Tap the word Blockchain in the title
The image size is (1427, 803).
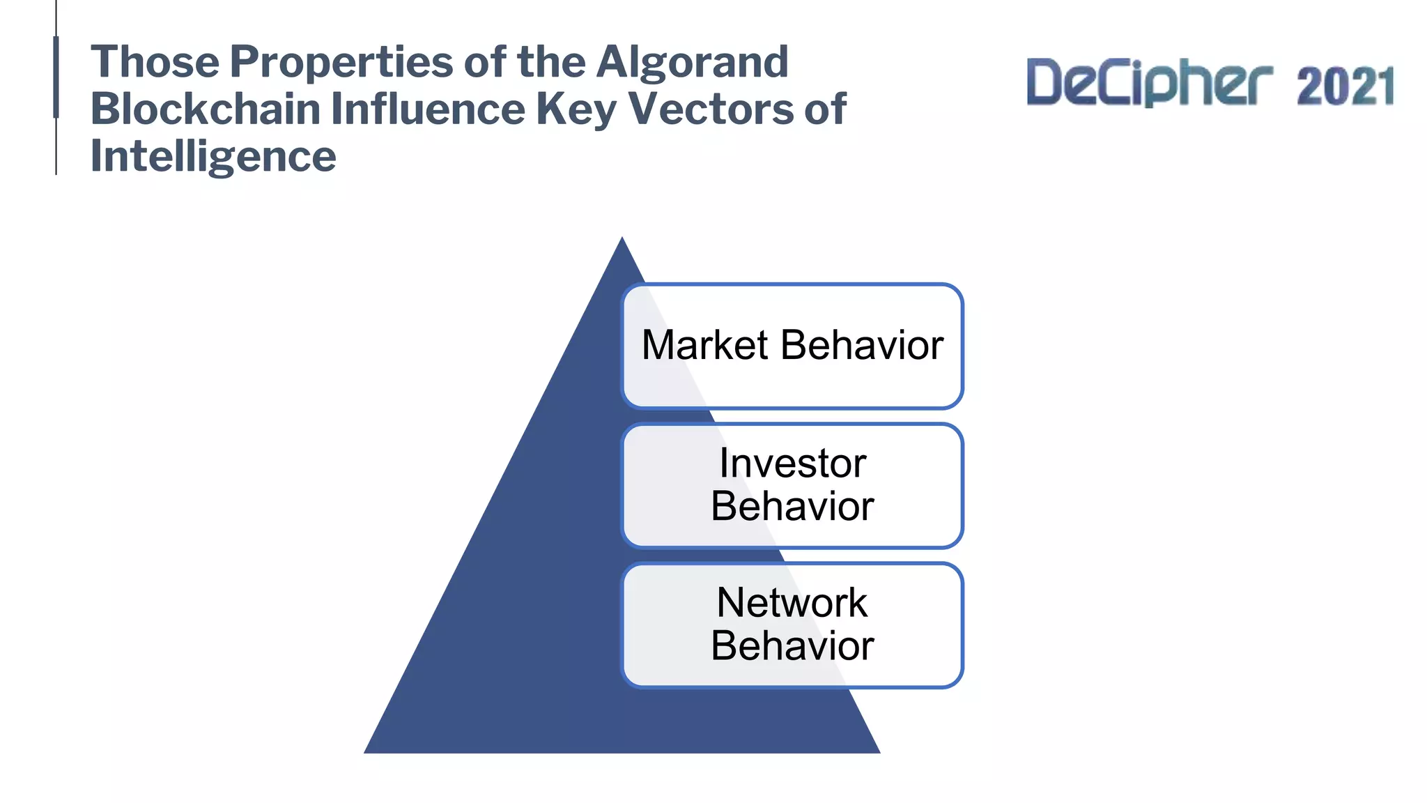coord(205,109)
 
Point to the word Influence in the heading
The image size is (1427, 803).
coord(427,109)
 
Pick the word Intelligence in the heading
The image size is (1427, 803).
coord(213,156)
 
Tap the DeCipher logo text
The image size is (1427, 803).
coord(1149,84)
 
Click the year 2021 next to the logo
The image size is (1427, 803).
coord(1345,86)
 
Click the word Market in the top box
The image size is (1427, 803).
coord(704,345)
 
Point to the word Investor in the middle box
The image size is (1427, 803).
coord(792,463)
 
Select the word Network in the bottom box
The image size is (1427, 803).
coord(792,602)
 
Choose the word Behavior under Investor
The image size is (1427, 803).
coord(792,506)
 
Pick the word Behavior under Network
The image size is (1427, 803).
coord(792,645)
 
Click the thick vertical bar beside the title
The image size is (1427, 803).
coord(56,77)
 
